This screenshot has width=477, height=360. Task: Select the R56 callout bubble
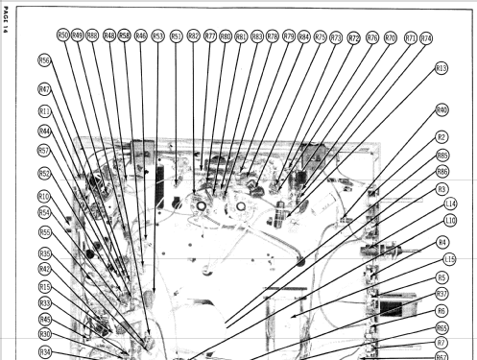click(44, 60)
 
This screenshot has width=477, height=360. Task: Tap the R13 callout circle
click(441, 68)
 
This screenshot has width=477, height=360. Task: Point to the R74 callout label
click(426, 38)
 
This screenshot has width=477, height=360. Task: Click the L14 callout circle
click(450, 204)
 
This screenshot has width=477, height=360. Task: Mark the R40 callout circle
click(442, 109)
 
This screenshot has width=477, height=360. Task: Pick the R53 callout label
click(156, 36)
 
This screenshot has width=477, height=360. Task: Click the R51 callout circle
click(177, 36)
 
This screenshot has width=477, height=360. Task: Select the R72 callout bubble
click(354, 38)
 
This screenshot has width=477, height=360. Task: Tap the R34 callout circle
click(45, 351)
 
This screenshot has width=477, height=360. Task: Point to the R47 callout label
click(45, 89)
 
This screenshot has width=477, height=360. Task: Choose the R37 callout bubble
click(442, 294)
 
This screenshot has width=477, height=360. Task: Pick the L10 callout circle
click(450, 220)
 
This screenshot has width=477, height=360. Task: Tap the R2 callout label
click(442, 137)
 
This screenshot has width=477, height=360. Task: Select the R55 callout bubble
click(45, 232)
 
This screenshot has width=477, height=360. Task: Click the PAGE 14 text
click(6, 18)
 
